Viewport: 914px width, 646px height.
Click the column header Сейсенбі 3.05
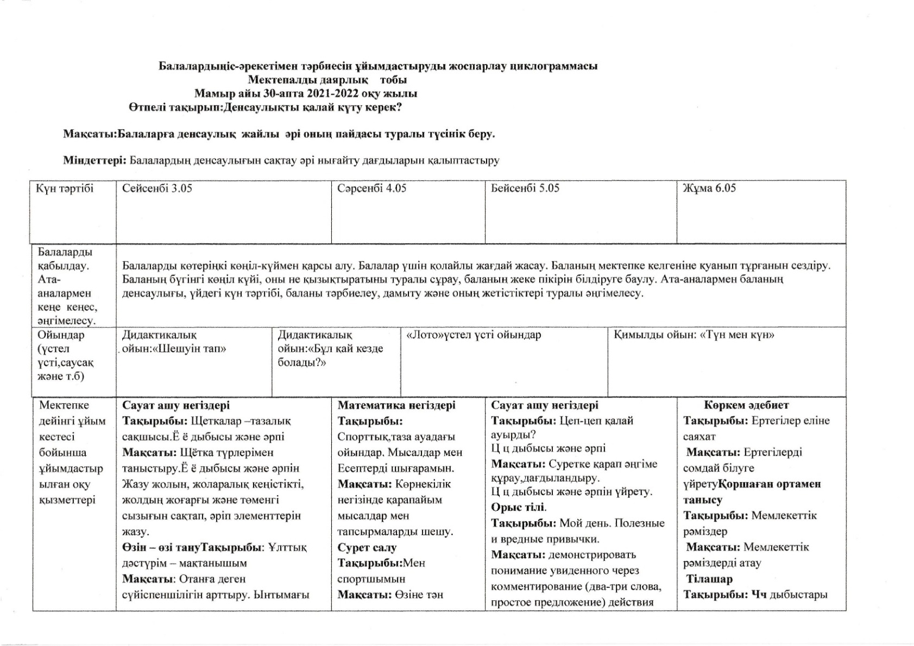coord(157,188)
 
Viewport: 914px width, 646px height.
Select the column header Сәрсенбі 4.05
coord(371,188)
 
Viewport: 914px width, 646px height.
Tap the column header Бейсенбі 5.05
coord(525,188)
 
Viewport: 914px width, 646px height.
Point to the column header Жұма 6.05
coord(709,188)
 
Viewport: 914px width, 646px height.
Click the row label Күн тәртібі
coord(65,188)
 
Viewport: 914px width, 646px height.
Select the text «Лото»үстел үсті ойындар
coord(474,335)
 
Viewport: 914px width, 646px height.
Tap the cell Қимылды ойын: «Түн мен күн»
coord(694,335)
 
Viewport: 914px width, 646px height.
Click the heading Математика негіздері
coord(396,405)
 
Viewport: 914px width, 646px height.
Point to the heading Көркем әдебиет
coord(746,405)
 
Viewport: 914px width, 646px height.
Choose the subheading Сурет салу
coord(367,547)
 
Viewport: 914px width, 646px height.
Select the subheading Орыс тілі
coord(519,508)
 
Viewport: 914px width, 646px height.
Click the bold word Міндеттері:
coord(95,160)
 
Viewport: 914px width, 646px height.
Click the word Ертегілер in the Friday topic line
coord(776,421)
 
